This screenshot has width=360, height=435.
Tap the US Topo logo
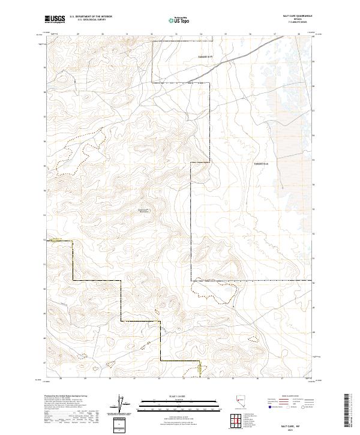tap(180, 20)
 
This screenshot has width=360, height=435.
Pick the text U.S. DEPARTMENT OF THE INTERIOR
tap(91, 17)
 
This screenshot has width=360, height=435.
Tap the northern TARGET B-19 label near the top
tap(206, 56)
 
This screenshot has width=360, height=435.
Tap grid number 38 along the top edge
tap(299, 34)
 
